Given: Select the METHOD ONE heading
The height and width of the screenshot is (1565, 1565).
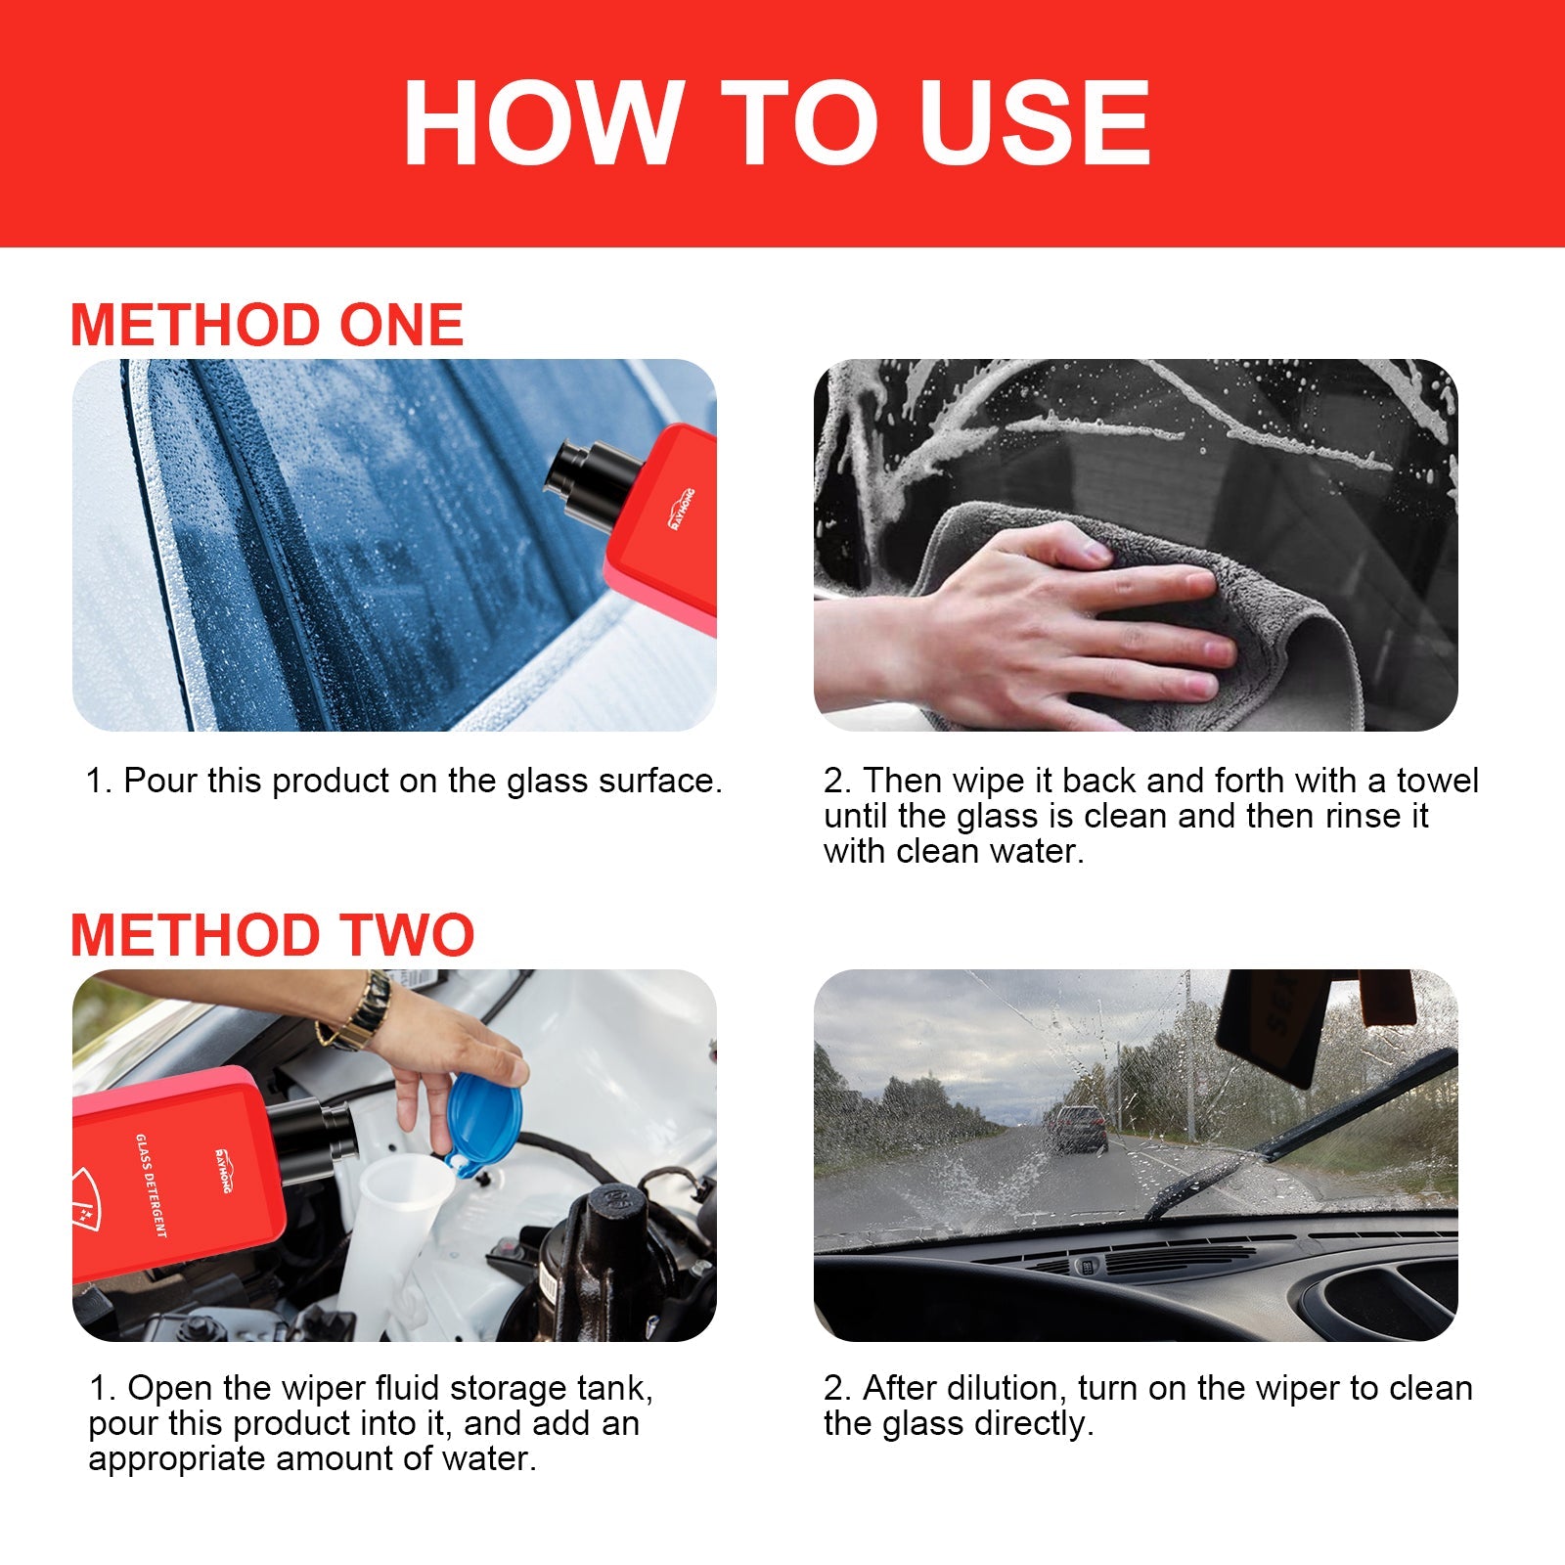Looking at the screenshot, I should tap(266, 325).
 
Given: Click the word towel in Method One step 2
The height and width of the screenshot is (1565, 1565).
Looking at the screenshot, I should tap(1437, 781).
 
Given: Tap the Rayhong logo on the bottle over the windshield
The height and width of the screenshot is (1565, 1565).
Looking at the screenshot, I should tap(682, 511).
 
